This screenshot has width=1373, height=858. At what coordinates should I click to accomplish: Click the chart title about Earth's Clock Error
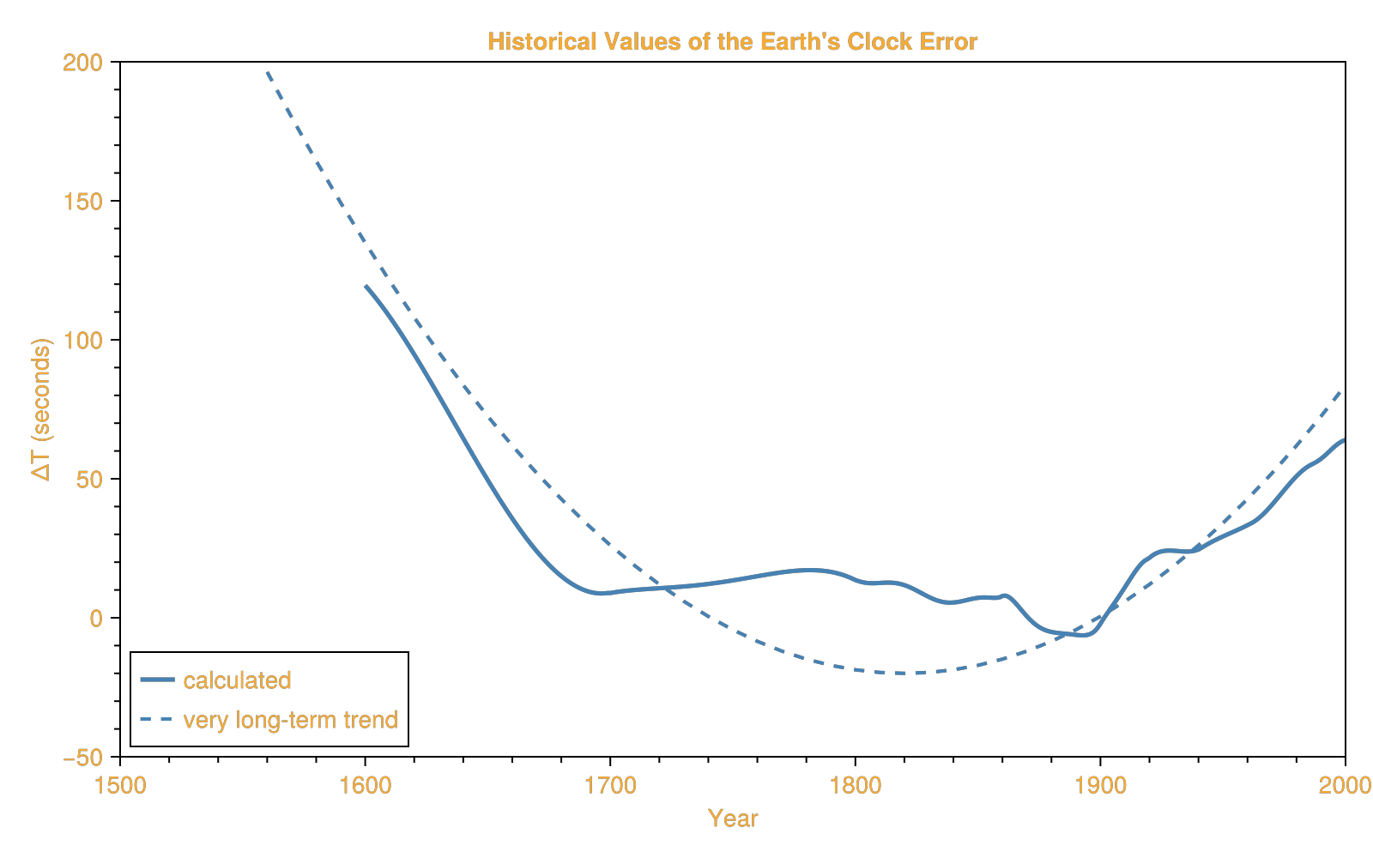point(732,42)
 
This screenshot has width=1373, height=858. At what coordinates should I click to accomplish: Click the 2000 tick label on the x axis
point(1344,786)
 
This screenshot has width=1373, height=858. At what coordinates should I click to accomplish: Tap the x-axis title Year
point(732,819)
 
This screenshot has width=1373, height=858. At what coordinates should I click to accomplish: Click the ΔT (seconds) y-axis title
point(42,409)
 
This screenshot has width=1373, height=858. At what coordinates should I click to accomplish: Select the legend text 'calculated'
point(237,680)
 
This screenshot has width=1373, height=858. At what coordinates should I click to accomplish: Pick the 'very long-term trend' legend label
point(290,719)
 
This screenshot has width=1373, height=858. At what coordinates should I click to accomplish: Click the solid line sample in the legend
point(157,680)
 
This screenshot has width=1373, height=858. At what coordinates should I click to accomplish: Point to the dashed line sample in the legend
point(157,719)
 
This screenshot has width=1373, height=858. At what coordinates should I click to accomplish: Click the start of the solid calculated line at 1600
point(366,287)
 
